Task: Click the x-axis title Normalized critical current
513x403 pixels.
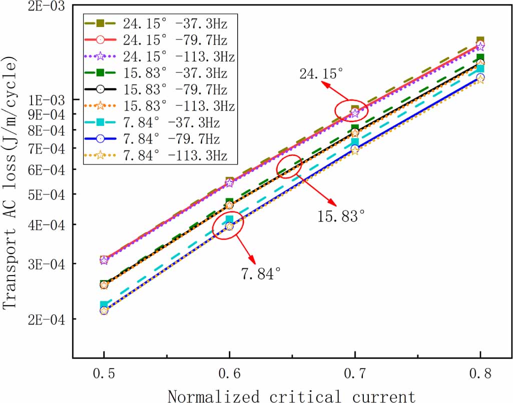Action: coord(291,395)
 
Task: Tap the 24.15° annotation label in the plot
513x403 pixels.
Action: coord(322,74)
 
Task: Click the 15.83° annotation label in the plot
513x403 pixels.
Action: coord(341,216)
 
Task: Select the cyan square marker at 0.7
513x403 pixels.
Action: coord(355,142)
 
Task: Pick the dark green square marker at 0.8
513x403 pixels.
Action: coord(480,58)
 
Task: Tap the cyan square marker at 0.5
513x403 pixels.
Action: coord(104,304)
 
